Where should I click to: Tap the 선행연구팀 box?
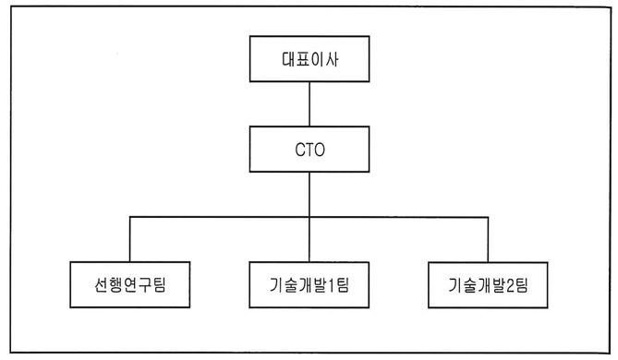point(131,285)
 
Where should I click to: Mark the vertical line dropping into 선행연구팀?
point(131,240)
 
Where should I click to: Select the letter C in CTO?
point(297,149)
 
